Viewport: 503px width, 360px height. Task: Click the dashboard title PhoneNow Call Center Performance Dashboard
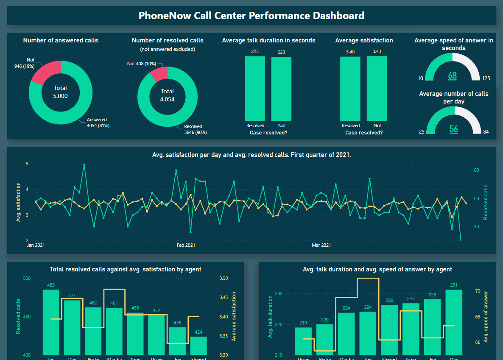point(251,16)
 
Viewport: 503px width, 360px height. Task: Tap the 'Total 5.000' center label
point(60,92)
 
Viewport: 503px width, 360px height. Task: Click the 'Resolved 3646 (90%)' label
point(193,129)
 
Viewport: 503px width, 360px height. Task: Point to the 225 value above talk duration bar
point(255,52)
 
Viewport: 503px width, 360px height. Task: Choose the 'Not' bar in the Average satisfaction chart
point(377,89)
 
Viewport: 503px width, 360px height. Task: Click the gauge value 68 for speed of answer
point(453,76)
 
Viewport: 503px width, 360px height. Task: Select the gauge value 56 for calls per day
point(453,129)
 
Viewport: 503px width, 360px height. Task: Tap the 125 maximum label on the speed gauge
point(486,78)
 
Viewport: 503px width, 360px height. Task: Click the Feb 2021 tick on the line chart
point(186,245)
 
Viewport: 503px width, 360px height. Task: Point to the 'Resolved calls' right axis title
point(486,202)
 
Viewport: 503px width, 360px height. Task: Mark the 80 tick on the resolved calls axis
point(476,170)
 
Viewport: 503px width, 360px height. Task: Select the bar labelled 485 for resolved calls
point(51,322)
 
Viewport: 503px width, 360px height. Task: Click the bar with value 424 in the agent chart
point(198,346)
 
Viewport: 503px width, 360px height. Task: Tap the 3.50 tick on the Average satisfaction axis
point(224,279)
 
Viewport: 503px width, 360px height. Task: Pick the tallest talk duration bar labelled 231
point(454,322)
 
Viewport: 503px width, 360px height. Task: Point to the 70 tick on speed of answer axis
point(478,291)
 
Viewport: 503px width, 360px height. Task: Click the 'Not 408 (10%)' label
point(141,64)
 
